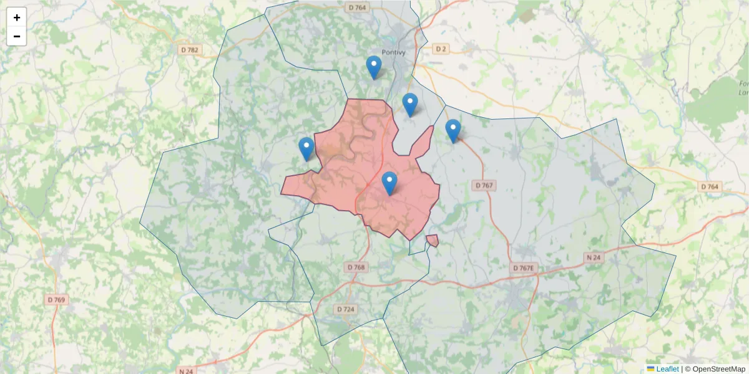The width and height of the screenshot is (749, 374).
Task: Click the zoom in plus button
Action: tap(17, 17)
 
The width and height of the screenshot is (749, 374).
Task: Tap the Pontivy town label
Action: tap(394, 52)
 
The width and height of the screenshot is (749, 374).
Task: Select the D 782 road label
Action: tap(189, 50)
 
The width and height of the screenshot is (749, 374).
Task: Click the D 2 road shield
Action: tap(441, 49)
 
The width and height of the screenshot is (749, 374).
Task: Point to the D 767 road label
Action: tap(484, 185)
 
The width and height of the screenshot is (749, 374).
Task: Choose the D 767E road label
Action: tap(523, 268)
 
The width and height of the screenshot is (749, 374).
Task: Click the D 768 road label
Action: tap(355, 267)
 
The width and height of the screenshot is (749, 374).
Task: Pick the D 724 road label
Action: tap(345, 309)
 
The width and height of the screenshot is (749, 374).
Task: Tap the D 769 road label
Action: tap(56, 300)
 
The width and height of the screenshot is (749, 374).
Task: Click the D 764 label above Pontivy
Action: tap(357, 7)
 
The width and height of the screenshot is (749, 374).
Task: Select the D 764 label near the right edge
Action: tap(710, 186)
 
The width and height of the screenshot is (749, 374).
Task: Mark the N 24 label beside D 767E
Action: tap(593, 257)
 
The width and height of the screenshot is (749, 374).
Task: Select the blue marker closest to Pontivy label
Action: tap(374, 67)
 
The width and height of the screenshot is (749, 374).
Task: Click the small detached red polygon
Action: tap(432, 241)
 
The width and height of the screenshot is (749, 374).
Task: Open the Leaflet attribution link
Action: tap(667, 369)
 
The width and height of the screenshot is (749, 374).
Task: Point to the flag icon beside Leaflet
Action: tap(651, 369)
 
